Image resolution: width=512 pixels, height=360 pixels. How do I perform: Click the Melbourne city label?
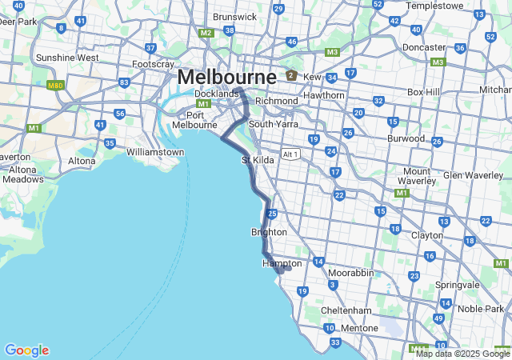226,78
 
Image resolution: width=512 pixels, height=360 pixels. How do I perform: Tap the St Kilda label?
258,161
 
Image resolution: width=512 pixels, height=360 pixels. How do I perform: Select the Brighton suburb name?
269,232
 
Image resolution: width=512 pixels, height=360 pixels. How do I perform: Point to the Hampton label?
282,263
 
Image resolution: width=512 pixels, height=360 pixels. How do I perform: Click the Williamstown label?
155,151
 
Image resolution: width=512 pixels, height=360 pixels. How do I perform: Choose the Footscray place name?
153,64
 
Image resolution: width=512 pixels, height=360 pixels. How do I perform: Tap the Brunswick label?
235,16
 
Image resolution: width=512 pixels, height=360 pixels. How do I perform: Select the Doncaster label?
424,47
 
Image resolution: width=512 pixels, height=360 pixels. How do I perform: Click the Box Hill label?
424,92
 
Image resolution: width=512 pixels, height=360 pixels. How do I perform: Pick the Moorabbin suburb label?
350,273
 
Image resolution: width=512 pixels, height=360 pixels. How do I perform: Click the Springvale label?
457,285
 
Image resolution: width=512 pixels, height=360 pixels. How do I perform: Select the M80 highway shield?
55,86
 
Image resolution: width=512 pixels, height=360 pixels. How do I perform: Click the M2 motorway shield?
206,33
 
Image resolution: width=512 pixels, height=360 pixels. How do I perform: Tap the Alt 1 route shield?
290,154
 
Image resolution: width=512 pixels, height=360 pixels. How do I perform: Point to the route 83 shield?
124,82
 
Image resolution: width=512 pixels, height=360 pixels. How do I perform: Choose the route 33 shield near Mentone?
335,343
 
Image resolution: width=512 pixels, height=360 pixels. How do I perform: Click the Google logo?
26,350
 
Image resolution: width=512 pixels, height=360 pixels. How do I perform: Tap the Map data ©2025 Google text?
462,354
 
